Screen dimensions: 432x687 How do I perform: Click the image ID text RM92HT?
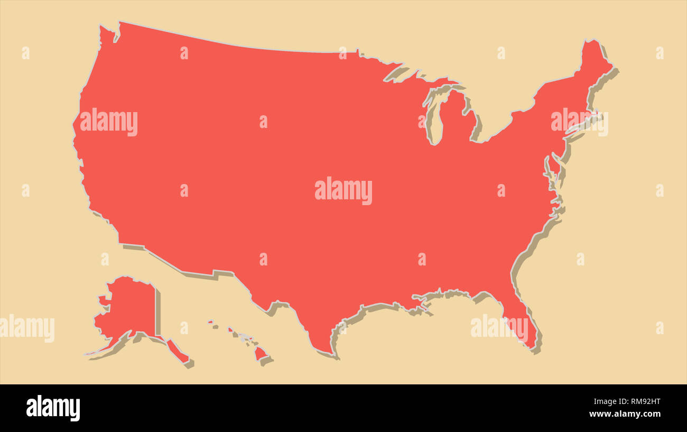tap(642, 401)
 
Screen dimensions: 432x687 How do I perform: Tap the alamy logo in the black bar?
tap(53, 408)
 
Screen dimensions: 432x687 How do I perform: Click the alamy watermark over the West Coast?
tap(109, 122)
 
